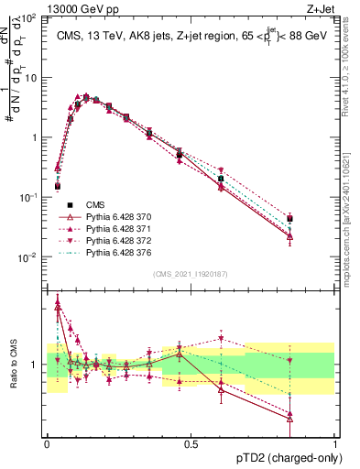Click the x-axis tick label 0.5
point(191,443)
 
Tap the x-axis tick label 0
point(47,443)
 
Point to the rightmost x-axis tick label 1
point(335,443)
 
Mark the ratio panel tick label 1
point(35,365)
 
